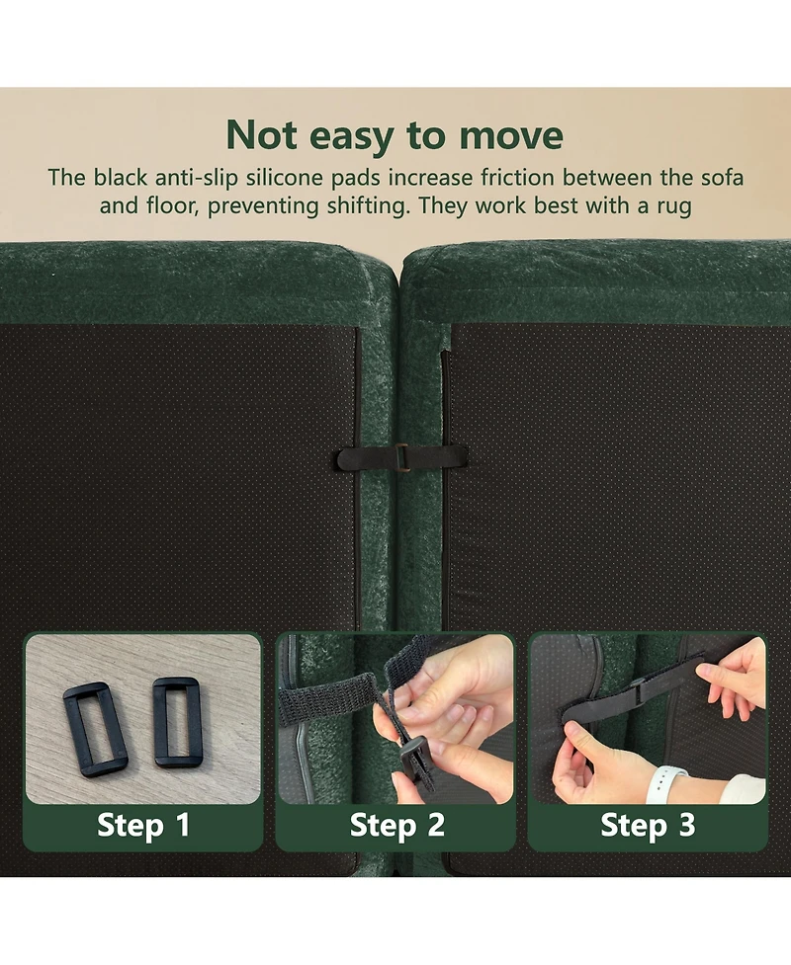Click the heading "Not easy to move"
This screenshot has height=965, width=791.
[x=395, y=134]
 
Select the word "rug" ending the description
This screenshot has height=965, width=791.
[x=674, y=206]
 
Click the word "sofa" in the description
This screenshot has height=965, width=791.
[x=722, y=178]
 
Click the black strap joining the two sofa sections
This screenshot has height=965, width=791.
[x=400, y=458]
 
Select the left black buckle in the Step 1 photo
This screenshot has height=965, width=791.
[x=94, y=729]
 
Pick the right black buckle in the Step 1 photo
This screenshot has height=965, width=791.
[x=177, y=721]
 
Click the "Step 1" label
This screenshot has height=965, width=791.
[x=143, y=825]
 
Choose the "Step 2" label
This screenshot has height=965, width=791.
[x=396, y=825]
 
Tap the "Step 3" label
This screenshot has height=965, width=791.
[x=648, y=825]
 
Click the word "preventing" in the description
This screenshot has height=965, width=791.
[x=262, y=206]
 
